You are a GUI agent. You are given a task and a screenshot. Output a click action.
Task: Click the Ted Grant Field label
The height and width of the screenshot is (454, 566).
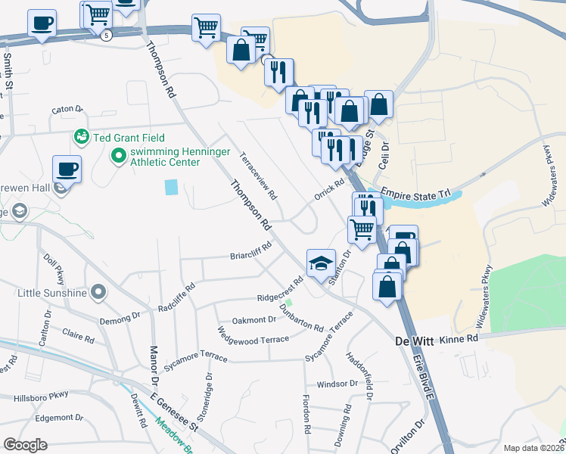pyautogui.click(x=122, y=138)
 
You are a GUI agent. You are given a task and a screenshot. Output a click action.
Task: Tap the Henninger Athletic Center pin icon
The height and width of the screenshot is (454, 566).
pyautogui.click(x=118, y=157)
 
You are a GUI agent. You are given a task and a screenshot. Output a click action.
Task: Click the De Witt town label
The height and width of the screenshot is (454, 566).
pyautogui.click(x=415, y=341)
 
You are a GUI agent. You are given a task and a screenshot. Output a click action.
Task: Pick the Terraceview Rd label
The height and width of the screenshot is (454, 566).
pyautogui.click(x=258, y=177)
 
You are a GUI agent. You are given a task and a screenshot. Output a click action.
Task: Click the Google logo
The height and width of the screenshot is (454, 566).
pyautogui.click(x=25, y=445)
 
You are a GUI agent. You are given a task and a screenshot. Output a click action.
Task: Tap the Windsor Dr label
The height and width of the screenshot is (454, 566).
pyautogui.click(x=336, y=384)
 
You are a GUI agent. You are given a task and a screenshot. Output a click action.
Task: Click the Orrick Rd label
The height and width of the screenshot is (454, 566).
pyautogui.click(x=330, y=194)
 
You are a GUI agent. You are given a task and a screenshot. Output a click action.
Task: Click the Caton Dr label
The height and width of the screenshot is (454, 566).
pyautogui.click(x=67, y=110)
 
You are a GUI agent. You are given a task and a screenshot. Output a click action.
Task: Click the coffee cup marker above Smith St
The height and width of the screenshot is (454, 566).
pyautogui.click(x=42, y=23)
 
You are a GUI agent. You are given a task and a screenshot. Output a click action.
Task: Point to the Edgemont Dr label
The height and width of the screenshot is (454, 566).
pyautogui.click(x=59, y=417)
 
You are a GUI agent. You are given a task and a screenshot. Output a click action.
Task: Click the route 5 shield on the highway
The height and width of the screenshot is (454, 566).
pyautogui.click(x=107, y=35)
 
